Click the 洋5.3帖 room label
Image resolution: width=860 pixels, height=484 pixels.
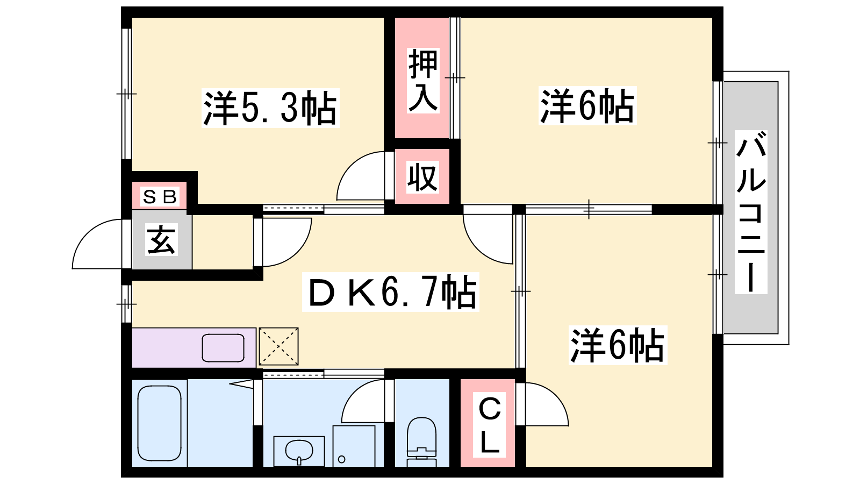point(270,108)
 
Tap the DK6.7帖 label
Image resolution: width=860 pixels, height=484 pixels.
point(390,292)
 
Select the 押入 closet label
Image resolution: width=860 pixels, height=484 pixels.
point(422,81)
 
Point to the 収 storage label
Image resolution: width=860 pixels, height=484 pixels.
point(422,177)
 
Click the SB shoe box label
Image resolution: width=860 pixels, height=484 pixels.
point(160,197)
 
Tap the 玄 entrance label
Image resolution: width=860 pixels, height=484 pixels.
point(161,240)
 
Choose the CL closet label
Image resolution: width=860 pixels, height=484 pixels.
point(490,425)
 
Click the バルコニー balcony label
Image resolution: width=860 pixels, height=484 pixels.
point(751,212)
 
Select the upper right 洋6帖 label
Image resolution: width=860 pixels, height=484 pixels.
point(587,105)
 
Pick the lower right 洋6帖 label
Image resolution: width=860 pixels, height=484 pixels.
point(618,345)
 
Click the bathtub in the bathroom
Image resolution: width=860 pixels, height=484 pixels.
point(159,423)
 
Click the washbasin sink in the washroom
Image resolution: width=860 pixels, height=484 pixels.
point(299,451)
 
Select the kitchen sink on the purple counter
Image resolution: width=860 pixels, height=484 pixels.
point(223,348)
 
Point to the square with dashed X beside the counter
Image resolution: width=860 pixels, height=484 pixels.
point(279,346)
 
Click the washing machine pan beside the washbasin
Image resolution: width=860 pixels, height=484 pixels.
point(354,446)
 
